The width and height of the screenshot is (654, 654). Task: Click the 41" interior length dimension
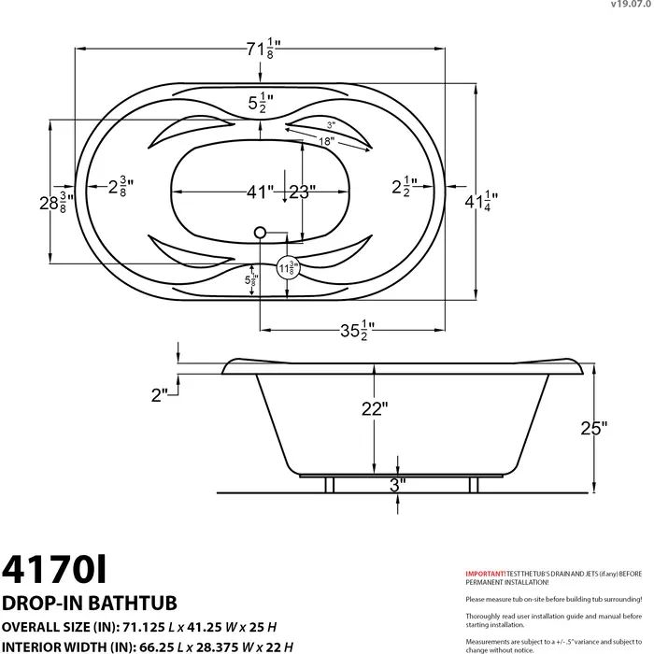pyautogui.click(x=260, y=192)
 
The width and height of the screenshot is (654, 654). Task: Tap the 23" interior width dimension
pyautogui.click(x=301, y=192)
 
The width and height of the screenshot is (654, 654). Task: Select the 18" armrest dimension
pyautogui.click(x=324, y=141)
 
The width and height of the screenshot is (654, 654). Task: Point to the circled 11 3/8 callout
pyautogui.click(x=289, y=269)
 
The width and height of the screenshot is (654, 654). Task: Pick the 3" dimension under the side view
pyautogui.click(x=398, y=486)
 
